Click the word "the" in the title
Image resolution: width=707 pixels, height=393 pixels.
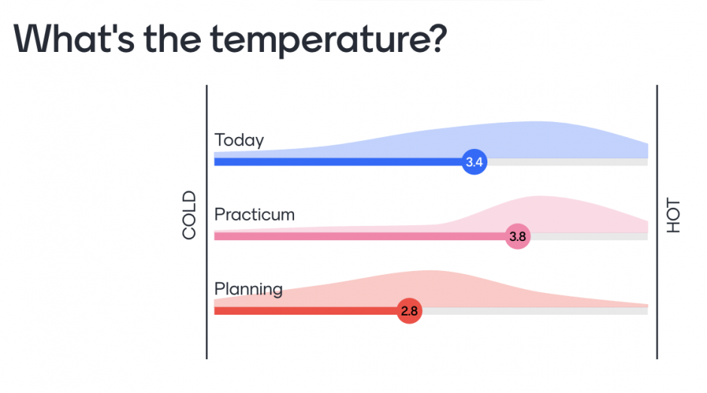(174, 38)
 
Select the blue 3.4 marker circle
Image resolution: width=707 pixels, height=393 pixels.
(474, 162)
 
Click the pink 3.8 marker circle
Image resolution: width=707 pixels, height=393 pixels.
(517, 236)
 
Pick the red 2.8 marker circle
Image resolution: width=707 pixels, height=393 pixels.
(409, 311)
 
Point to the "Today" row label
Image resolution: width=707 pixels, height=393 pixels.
(239, 140)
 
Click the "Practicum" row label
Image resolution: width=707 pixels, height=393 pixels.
(254, 215)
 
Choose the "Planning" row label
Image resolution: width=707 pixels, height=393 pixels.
(248, 289)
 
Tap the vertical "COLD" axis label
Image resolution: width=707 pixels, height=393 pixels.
(189, 215)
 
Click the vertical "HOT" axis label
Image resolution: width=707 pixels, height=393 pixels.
(673, 215)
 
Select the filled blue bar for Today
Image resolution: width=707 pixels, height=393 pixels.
(338, 162)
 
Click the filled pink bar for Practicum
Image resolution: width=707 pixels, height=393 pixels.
(361, 236)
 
